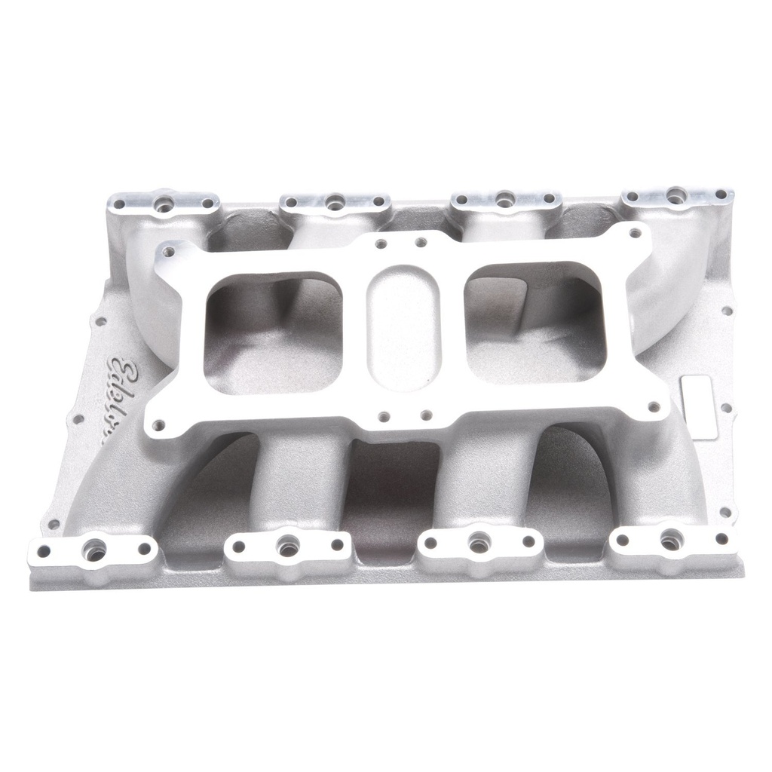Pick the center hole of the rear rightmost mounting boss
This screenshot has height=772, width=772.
(x=676, y=194)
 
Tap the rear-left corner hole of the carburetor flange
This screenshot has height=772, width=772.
(x=169, y=252)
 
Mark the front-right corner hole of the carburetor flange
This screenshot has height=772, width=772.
(x=653, y=408)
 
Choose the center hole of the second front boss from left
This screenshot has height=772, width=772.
(x=287, y=547)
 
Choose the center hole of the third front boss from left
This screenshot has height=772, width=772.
(x=479, y=543)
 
